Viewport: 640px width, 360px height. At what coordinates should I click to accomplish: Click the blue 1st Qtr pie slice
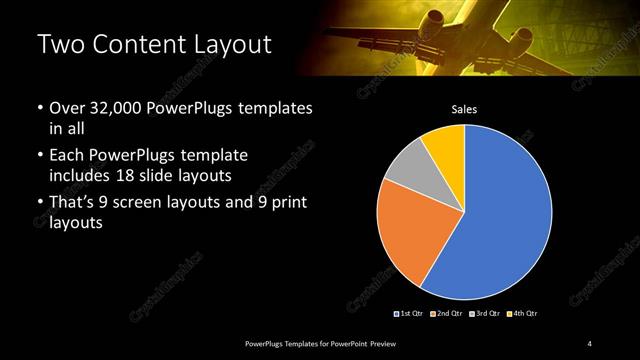tap(505, 215)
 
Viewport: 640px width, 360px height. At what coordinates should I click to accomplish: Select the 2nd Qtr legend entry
tap(445, 313)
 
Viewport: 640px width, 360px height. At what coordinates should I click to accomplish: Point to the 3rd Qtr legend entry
tap(484, 313)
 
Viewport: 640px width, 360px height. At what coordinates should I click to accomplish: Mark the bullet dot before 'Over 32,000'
tap(40, 108)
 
